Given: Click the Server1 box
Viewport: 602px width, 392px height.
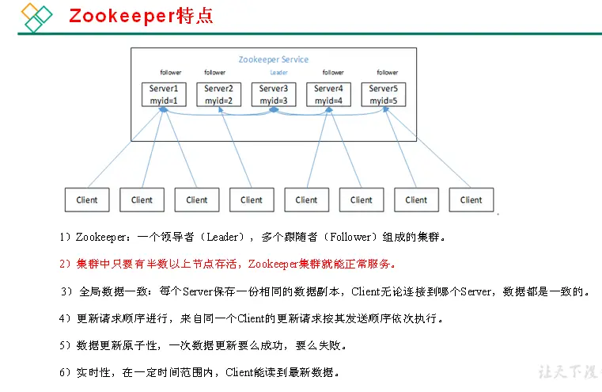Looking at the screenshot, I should pyautogui.click(x=163, y=94).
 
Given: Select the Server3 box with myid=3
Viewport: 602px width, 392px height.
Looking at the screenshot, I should pyautogui.click(x=273, y=94).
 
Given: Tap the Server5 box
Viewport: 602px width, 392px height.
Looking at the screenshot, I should pyautogui.click(x=383, y=94).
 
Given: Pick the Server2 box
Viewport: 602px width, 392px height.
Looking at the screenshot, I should pyautogui.click(x=218, y=94).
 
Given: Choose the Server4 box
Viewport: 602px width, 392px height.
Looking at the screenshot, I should pyautogui.click(x=328, y=94).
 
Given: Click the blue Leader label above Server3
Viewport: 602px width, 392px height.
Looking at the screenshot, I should pyautogui.click(x=273, y=73).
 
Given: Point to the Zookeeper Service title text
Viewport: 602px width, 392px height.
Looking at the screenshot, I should pyautogui.click(x=274, y=59).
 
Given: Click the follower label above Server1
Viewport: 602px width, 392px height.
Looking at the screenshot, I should pyautogui.click(x=170, y=73).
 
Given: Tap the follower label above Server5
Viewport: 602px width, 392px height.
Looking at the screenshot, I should pyautogui.click(x=388, y=73).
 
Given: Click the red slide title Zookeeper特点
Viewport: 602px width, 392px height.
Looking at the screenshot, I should pyautogui.click(x=141, y=16).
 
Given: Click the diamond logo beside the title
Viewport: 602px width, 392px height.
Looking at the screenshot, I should pyautogui.click(x=34, y=17).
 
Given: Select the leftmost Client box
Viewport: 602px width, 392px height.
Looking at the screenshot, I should pyautogui.click(x=87, y=200).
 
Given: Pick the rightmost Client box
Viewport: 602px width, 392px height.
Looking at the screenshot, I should pyautogui.click(x=471, y=200).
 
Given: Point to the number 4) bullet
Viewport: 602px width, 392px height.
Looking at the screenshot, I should pyautogui.click(x=66, y=318).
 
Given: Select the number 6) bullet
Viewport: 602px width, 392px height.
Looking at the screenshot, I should pyautogui.click(x=66, y=372).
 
